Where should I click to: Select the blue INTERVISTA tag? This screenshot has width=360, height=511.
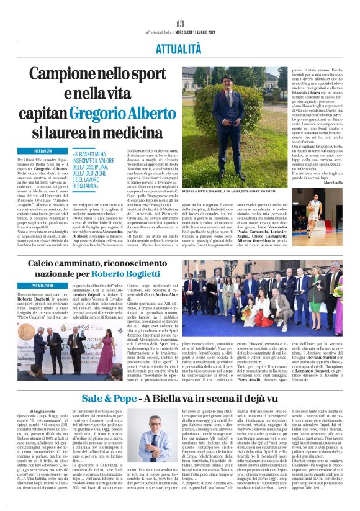tap(43, 151)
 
